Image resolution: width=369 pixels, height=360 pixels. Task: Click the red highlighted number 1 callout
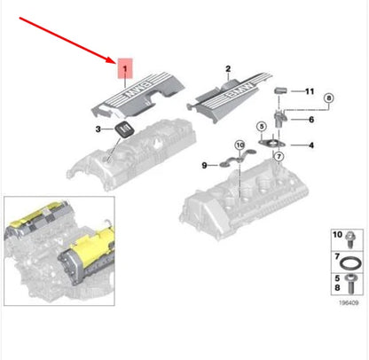pos(125,68)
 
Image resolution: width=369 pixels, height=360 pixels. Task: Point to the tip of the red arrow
pos(116,63)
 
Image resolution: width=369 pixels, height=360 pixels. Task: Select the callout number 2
pos(228,69)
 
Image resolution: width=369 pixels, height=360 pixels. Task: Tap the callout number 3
pos(98,129)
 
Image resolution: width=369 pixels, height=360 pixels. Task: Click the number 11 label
pos(310,91)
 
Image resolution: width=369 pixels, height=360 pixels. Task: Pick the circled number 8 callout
pos(328,98)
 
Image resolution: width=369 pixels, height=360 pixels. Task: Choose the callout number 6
pos(311,120)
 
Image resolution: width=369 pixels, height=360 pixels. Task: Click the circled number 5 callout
pos(262,127)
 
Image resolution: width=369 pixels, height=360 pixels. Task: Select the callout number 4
pos(311,145)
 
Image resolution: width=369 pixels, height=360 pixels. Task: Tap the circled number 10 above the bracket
pos(240,145)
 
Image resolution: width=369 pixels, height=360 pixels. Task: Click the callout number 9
pos(204,165)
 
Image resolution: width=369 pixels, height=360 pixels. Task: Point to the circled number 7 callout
pos(279,157)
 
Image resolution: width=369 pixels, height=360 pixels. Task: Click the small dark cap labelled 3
pos(123,129)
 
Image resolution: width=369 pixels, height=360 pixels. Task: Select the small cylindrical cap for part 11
pos(279,90)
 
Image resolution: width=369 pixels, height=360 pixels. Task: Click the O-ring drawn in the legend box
pos(350,263)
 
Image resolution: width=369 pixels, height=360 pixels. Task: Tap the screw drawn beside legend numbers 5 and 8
pos(351,284)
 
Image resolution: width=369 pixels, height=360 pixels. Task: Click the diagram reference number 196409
pos(349,303)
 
